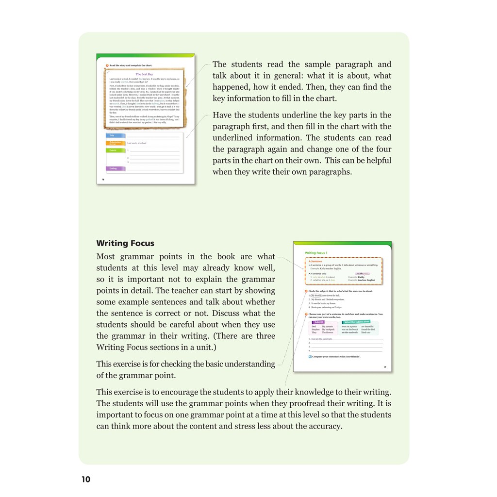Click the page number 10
(86, 480)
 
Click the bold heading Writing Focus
(125, 243)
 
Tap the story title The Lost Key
(144, 75)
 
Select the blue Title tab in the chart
(116, 136)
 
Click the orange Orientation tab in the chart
(116, 143)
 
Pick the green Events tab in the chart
(116, 150)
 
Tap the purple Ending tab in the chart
(116, 168)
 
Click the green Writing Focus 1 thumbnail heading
(316, 253)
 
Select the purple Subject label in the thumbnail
(319, 322)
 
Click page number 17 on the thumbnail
(385, 367)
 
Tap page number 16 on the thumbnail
(102, 180)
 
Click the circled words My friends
(316, 296)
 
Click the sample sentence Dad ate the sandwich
(322, 339)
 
